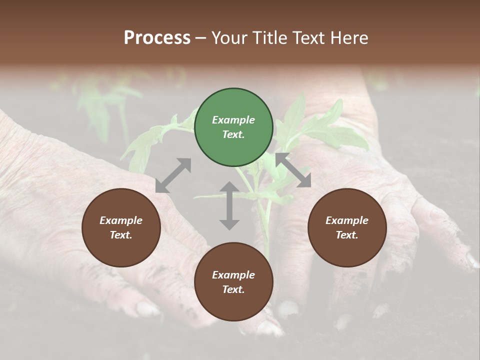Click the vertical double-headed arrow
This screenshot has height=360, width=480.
(229, 205)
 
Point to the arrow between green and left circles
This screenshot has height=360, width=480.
(173, 175)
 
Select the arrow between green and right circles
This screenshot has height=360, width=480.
(293, 170)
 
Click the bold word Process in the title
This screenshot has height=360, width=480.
(157, 38)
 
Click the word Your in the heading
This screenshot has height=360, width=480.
(230, 38)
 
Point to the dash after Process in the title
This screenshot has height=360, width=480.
(201, 38)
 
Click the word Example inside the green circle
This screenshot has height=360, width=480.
(233, 120)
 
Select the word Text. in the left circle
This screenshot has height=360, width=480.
(121, 235)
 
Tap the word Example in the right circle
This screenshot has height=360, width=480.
(347, 220)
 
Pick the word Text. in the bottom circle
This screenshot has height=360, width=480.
(233, 289)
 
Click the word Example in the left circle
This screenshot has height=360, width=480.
(121, 220)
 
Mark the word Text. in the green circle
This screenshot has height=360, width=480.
(233, 134)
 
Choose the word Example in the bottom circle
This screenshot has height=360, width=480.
(233, 275)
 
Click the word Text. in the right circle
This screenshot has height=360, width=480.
(347, 235)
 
